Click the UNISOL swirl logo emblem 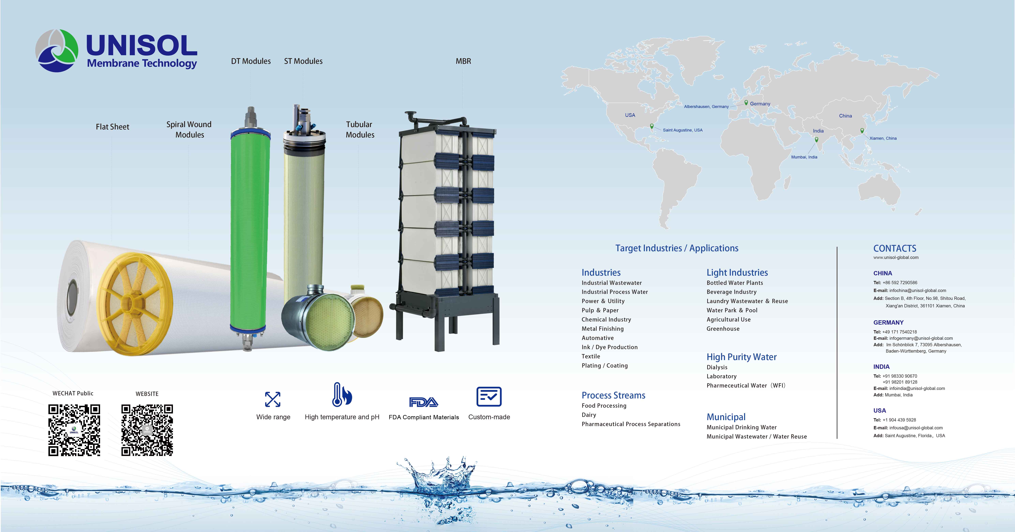(x=57, y=50)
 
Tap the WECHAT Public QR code (x=74, y=430)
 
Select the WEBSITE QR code (x=147, y=430)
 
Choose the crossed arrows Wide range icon (x=273, y=399)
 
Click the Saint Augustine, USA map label (x=683, y=130)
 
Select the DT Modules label (x=251, y=61)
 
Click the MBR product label (x=463, y=61)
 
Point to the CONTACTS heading (x=894, y=248)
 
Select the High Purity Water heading (x=741, y=357)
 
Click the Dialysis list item (x=717, y=367)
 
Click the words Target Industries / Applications (x=677, y=248)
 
